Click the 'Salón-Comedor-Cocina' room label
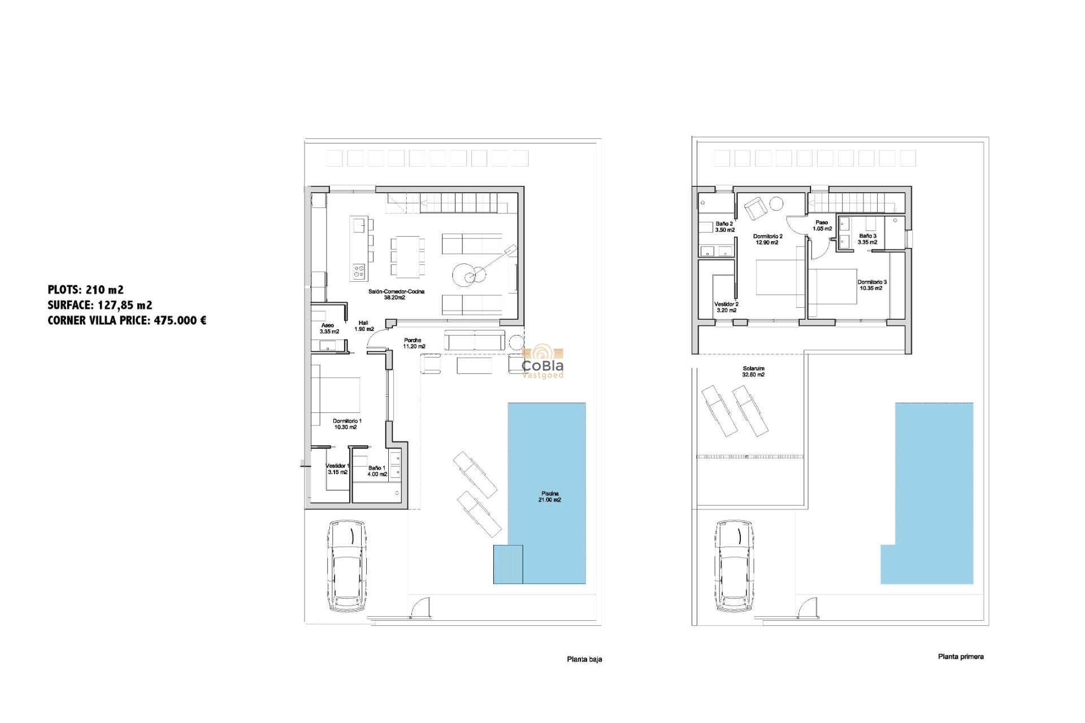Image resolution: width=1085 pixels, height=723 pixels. [x=396, y=291]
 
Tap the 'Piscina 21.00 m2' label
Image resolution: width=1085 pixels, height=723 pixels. [x=550, y=497]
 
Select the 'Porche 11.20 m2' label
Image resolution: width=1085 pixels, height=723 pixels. [x=414, y=343]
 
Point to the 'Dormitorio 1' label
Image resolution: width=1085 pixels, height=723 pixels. [x=347, y=421]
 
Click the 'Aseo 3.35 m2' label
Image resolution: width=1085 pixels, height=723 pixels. [x=329, y=329]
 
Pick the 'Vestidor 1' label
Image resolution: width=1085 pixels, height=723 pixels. [x=338, y=466]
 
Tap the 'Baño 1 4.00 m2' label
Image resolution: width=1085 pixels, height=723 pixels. [x=377, y=471]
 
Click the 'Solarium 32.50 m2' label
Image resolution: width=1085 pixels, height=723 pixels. [x=753, y=372]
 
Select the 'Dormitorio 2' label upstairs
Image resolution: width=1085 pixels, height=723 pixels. [x=767, y=237]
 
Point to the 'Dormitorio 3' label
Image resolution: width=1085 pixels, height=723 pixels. [x=872, y=282]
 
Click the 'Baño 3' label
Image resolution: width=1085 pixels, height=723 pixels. [x=867, y=236]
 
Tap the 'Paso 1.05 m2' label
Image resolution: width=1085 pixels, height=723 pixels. [x=822, y=226]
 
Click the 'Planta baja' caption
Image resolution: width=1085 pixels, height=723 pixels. [x=584, y=659]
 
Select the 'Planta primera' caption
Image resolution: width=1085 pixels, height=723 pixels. [x=961, y=656]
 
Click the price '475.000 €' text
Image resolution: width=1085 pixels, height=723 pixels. [x=180, y=320]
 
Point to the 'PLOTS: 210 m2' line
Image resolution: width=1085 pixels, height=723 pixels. [x=85, y=290]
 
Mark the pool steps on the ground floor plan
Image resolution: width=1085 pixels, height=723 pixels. [x=508, y=564]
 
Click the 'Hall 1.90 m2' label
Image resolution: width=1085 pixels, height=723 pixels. [x=364, y=326]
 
